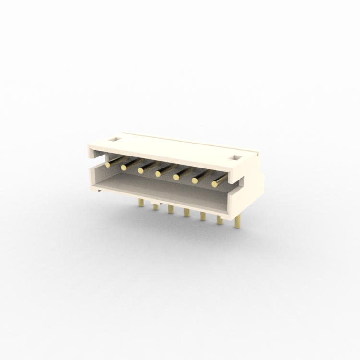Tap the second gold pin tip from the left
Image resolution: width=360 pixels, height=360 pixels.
[124, 168]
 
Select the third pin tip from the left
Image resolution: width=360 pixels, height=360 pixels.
[140, 170]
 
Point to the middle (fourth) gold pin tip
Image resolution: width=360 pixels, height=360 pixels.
[157, 174]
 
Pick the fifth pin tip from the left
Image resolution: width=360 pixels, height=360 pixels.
[176, 177]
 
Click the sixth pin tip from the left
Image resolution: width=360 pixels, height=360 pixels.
[194, 180]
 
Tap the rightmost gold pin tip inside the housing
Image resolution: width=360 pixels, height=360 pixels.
[215, 184]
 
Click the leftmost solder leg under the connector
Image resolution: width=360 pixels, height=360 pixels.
[141, 203]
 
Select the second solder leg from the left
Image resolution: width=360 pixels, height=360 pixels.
[156, 207]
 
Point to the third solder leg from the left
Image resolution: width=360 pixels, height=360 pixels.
[170, 209]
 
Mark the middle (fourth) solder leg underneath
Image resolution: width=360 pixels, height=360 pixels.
[186, 212]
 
